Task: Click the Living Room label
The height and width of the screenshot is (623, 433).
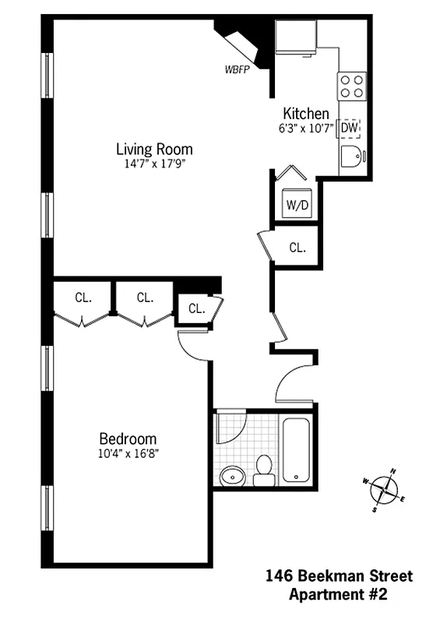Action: pos(154,149)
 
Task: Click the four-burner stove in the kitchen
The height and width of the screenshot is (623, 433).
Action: pos(351,85)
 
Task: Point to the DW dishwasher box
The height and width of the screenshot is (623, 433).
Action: pos(350,128)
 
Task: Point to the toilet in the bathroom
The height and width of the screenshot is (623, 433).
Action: pos(263,470)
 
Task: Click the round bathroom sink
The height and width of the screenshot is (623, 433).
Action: pos(231,476)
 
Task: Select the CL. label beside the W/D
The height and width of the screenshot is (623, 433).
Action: pos(297,248)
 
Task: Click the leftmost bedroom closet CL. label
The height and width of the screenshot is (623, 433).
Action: pos(83,297)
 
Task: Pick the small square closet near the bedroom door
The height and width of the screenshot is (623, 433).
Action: pos(195,308)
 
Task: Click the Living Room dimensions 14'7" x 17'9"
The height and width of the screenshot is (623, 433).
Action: pos(154,164)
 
